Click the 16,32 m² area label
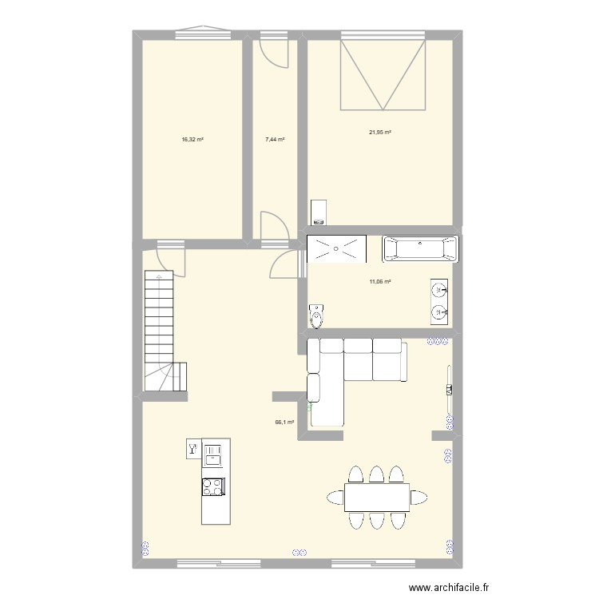(192, 139)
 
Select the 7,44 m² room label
(275, 139)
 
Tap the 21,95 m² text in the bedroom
(379, 133)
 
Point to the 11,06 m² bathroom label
(379, 281)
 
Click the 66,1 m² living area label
(284, 423)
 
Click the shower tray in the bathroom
(337, 248)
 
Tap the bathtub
(421, 248)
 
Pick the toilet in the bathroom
(318, 316)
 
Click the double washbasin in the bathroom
(438, 300)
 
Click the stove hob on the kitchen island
(213, 486)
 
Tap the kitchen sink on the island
(213, 456)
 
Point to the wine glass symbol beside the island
(192, 450)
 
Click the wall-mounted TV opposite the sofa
(450, 389)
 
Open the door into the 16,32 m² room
(171, 257)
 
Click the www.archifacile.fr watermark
(447, 587)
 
